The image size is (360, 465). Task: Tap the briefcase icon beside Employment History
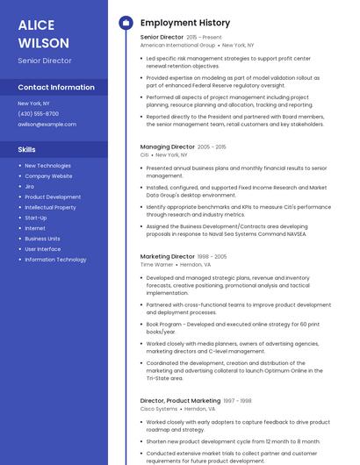pyautogui.click(x=125, y=23)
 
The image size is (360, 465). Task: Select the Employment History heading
pyautogui.click(x=185, y=23)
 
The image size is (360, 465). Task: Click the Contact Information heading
pyautogui.click(x=56, y=88)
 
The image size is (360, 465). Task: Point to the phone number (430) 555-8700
pyautogui.click(x=38, y=113)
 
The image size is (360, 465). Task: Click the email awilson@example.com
pyautogui.click(x=47, y=124)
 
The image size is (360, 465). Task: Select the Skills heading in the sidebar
pyautogui.click(x=26, y=149)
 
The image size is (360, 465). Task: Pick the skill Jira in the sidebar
pyautogui.click(x=30, y=186)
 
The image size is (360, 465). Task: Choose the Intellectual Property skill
pyautogui.click(x=50, y=207)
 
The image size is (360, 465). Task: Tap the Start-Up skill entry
pyautogui.click(x=36, y=218)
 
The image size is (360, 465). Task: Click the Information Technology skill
pyautogui.click(x=55, y=260)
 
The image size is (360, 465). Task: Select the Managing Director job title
pyautogui.click(x=167, y=147)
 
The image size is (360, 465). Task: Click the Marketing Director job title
pyautogui.click(x=168, y=256)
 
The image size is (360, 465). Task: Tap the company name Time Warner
pyautogui.click(x=156, y=264)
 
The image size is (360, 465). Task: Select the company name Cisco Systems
pyautogui.click(x=159, y=408)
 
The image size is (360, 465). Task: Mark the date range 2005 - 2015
pyautogui.click(x=212, y=147)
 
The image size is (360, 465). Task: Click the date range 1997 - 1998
pyautogui.click(x=237, y=401)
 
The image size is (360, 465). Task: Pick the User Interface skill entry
pyautogui.click(x=43, y=249)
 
